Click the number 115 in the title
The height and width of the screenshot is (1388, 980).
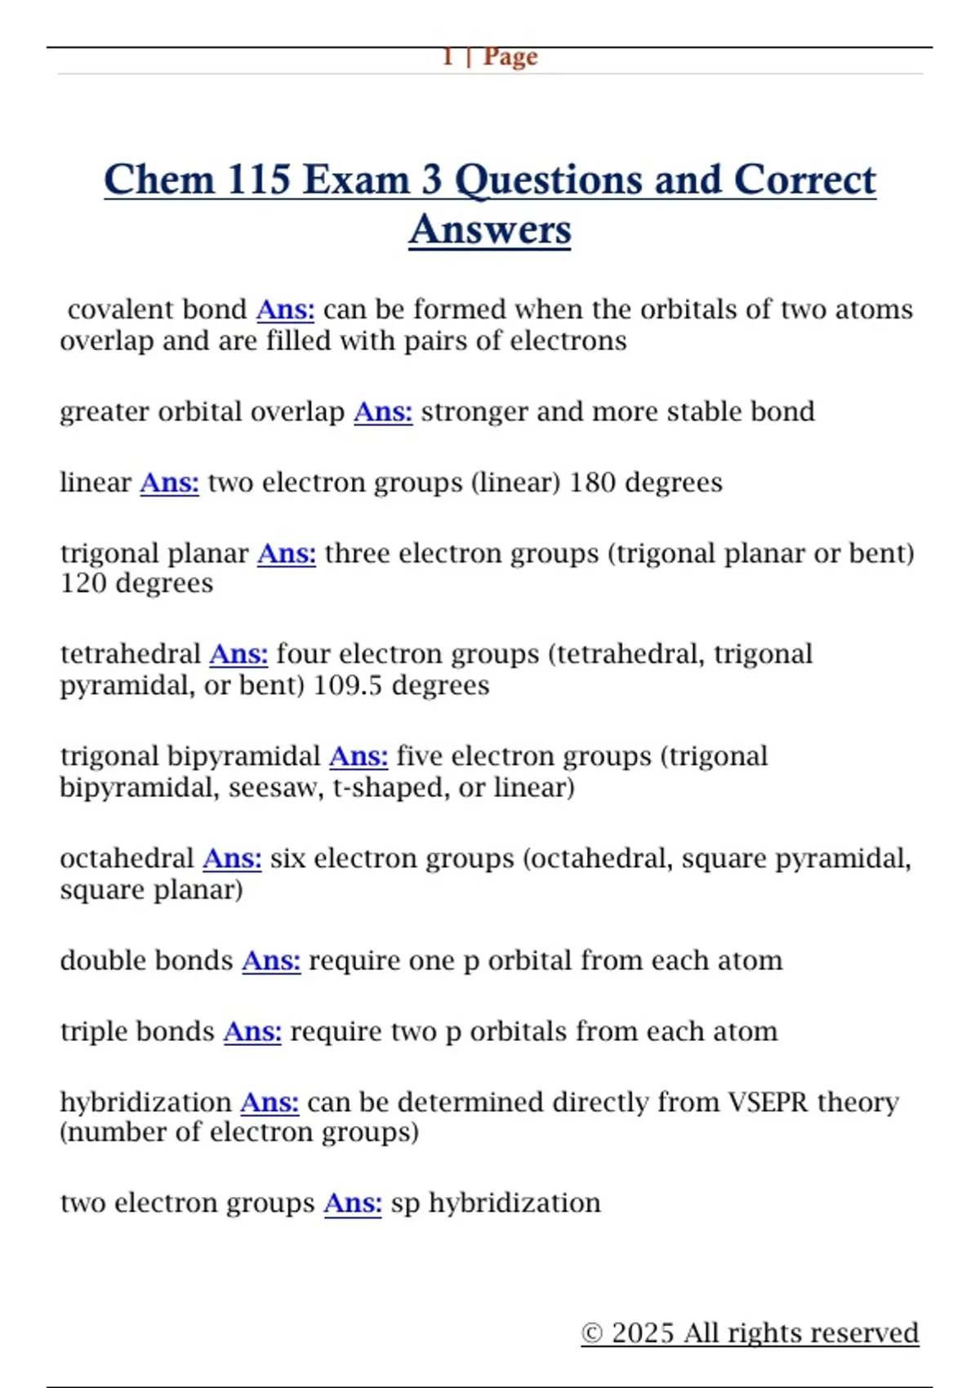coord(258,180)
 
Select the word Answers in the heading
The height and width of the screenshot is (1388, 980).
coord(490,229)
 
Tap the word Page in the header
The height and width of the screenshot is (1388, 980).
coord(510,56)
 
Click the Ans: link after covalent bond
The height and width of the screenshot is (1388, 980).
coord(285,309)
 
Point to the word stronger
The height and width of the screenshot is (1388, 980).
coord(474,412)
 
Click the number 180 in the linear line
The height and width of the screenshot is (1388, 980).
coord(592,483)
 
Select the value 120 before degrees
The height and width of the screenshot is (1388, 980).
coord(83,584)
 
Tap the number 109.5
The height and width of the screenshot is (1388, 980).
coord(347,685)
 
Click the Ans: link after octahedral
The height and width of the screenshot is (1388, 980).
coord(232,859)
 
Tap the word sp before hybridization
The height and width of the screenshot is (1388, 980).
coord(405,1203)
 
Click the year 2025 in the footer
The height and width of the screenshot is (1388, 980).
coord(643,1333)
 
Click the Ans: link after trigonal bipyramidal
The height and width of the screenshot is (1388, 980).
coord(359,757)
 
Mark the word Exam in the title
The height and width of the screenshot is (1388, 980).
coord(355,180)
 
